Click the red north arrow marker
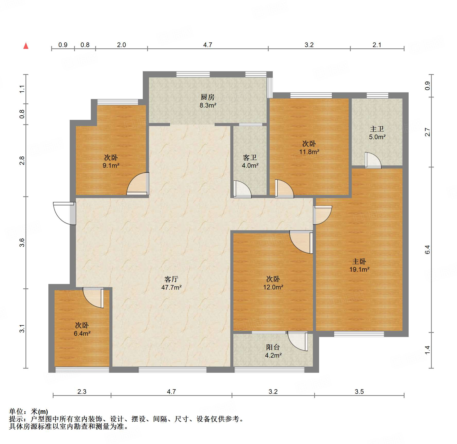tap(26, 46)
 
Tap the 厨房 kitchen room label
tap(207, 97)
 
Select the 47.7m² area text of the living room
tap(171, 287)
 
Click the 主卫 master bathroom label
tap(377, 129)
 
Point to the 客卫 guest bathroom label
tap(250, 157)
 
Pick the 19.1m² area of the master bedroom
tap(359, 270)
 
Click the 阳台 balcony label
tap(273, 347)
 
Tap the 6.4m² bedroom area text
tap(82, 334)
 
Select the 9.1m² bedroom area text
tap(111, 166)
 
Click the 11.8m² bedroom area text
tap(309, 152)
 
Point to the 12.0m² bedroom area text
tap(273, 287)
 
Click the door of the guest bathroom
tap(242, 189)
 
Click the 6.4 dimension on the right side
tap(427, 250)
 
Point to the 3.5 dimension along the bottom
tap(359, 392)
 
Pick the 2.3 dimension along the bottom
tap(82, 392)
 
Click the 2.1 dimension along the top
tap(377, 45)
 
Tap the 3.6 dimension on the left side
tap(22, 243)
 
